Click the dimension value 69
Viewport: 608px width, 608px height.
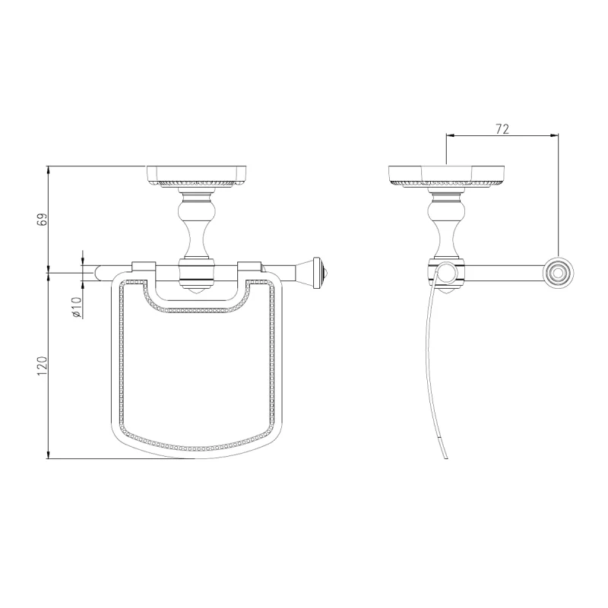coord(43,219)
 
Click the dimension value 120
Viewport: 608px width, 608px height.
coord(42,366)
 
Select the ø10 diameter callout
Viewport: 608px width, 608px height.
coord(77,308)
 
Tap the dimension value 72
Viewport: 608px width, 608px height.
coord(502,129)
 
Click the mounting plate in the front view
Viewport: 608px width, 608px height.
coord(197,176)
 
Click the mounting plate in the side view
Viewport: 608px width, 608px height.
coord(446,176)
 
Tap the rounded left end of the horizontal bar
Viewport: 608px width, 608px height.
coord(97,273)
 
